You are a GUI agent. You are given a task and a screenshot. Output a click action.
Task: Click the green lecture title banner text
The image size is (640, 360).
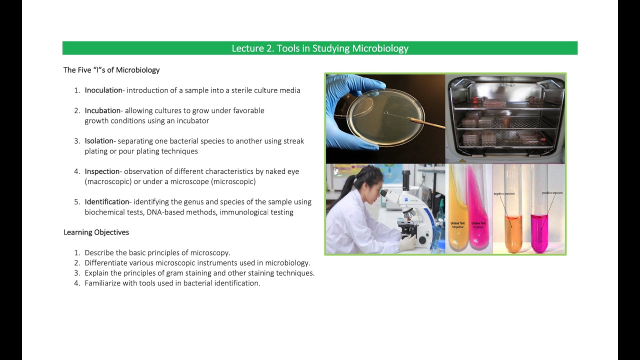(320, 48)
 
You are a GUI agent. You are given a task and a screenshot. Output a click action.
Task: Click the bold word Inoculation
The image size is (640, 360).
(103, 90)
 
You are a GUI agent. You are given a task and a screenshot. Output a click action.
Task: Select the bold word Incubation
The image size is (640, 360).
(102, 110)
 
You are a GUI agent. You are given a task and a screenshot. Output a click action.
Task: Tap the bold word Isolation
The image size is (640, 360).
(100, 141)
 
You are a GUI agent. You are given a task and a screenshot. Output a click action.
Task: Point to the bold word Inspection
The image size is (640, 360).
(102, 171)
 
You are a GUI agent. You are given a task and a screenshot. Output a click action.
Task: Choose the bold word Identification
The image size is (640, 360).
(107, 202)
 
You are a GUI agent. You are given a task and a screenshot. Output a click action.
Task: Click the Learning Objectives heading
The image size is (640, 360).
(96, 232)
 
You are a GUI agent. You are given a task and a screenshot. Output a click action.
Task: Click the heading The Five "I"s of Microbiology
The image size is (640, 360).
(111, 70)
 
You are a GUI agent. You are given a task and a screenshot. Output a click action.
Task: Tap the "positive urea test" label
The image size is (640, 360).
(552, 192)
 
